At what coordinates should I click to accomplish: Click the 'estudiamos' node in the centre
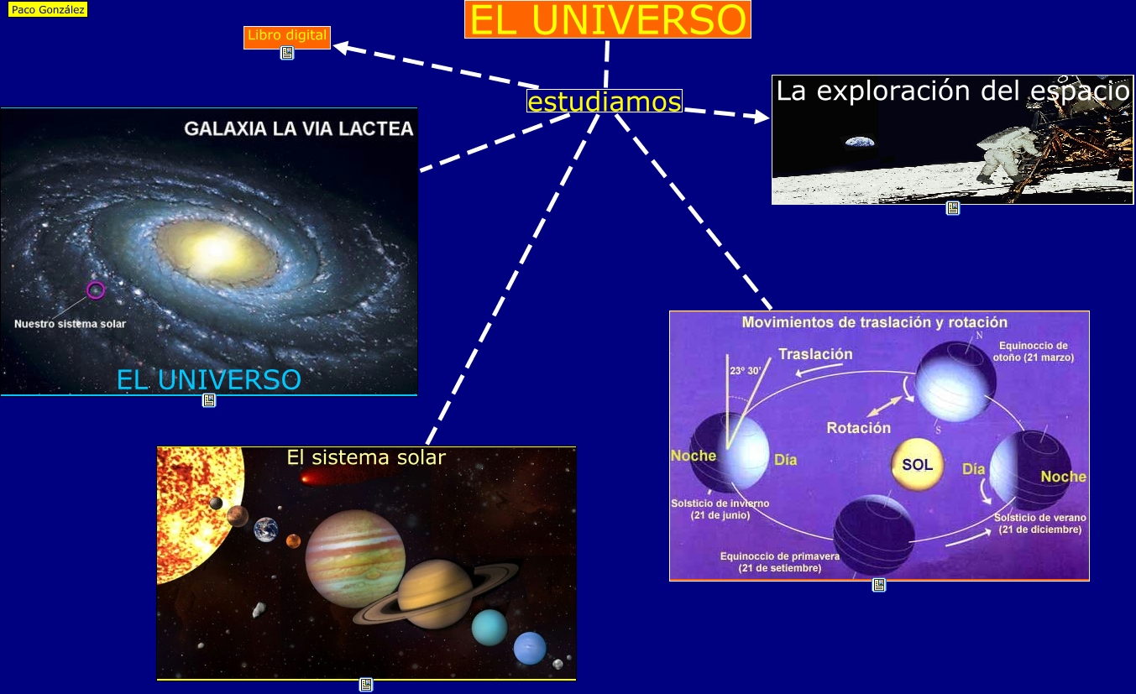click(604, 101)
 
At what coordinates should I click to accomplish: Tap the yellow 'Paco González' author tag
click(48, 9)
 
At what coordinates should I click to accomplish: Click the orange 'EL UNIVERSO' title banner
click(608, 19)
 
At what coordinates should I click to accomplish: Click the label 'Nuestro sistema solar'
click(70, 324)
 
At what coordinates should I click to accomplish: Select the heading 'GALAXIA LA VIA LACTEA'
click(299, 128)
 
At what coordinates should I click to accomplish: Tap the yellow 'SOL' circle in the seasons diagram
click(917, 464)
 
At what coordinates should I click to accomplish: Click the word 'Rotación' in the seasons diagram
click(859, 428)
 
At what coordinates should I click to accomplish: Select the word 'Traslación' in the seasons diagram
click(815, 354)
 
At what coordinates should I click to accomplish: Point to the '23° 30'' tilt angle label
click(745, 371)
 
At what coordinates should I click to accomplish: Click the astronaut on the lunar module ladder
click(1003, 155)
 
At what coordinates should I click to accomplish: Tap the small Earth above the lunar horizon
click(860, 142)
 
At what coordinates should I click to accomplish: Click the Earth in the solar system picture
click(266, 530)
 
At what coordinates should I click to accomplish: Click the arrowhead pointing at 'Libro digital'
click(343, 48)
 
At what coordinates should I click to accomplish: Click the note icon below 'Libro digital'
click(287, 53)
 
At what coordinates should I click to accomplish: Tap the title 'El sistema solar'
click(366, 457)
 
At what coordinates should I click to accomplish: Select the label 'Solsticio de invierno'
click(720, 504)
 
